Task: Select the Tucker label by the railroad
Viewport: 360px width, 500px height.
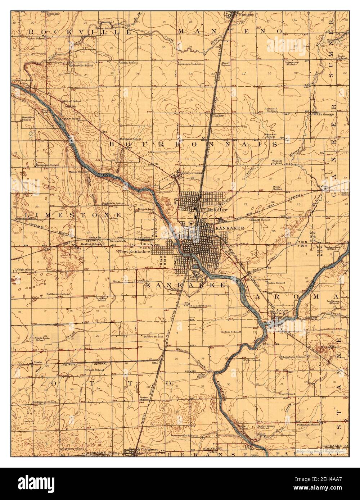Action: coord(218,116)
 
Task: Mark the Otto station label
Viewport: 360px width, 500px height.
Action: coord(156,363)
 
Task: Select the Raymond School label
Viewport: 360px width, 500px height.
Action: coord(271,110)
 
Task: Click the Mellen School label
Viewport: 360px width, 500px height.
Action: coord(231,332)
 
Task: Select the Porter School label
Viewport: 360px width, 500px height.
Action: coord(144,398)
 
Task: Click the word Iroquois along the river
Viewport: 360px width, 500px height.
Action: coord(222,389)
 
